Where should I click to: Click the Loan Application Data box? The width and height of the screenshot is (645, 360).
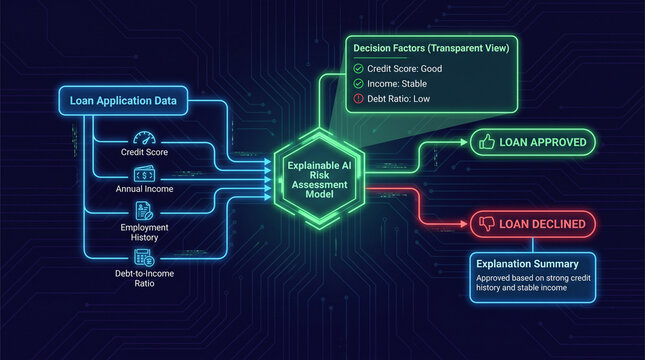pos(125,100)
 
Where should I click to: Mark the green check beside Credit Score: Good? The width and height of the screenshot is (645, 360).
pos(358,68)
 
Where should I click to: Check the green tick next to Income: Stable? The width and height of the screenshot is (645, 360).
pos(358,84)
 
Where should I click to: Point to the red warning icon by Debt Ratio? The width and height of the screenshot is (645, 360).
pos(358,100)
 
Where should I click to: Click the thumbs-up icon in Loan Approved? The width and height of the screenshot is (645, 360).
pos(487,143)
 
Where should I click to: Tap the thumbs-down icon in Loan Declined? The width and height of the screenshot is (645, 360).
pos(487,224)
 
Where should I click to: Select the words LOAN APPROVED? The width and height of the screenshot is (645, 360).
pos(543,143)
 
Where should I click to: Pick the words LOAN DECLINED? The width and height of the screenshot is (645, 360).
pos(543,224)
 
